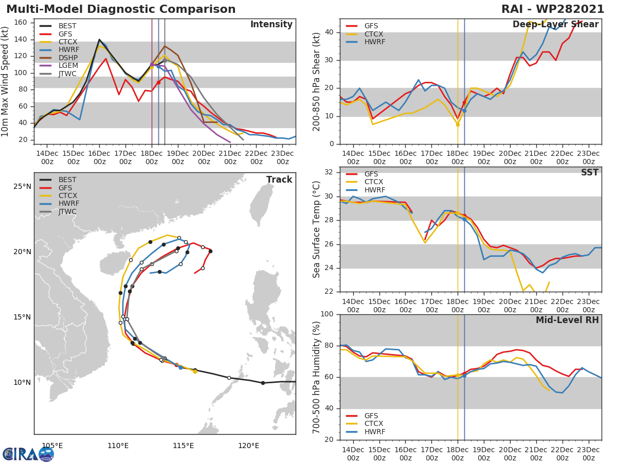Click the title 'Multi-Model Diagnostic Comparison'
coord(121,9)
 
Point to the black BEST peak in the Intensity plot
coord(99,40)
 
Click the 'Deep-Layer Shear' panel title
coord(555,25)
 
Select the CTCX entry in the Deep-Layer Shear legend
coord(374,34)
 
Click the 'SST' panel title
coord(589,173)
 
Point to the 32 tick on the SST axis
coord(330,172)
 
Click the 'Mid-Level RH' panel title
coord(567,320)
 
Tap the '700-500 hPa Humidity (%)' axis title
coord(317,377)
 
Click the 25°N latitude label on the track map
coord(22,186)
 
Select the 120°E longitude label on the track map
coord(248,446)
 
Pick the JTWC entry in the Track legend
coord(67,211)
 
